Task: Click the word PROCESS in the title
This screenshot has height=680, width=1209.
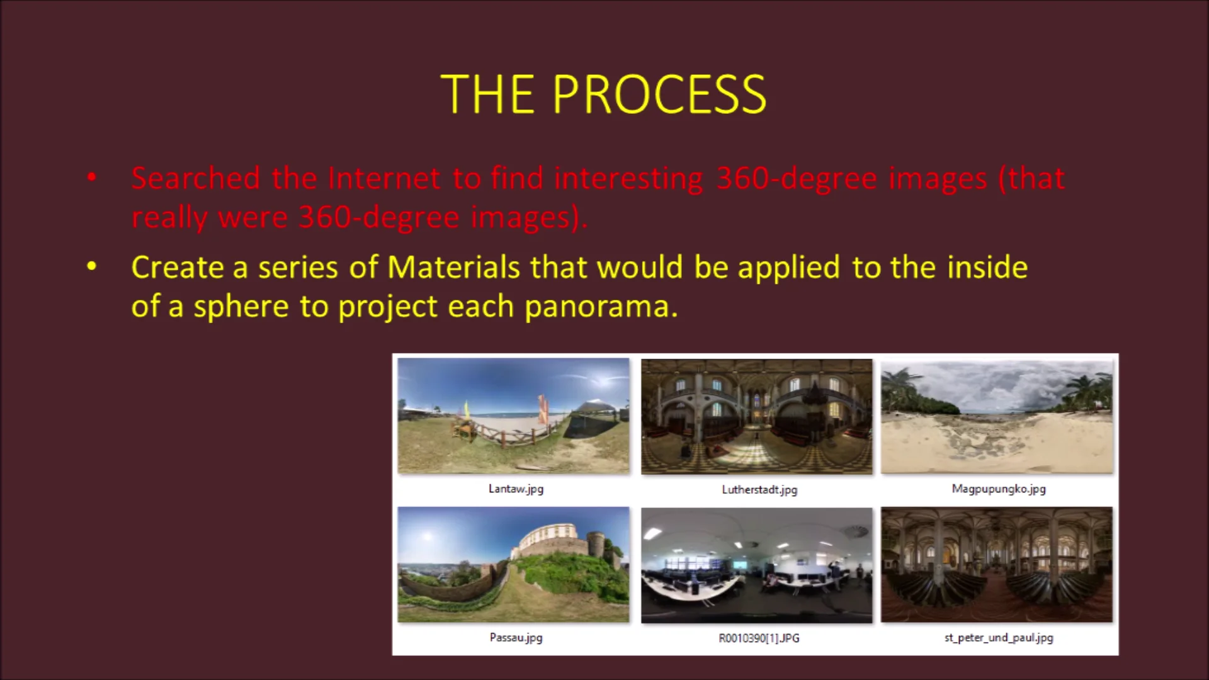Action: point(659,94)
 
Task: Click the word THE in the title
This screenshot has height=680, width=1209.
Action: point(488,94)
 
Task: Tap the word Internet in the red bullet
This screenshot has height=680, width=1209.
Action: point(384,178)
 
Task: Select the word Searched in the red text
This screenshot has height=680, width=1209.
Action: point(196,178)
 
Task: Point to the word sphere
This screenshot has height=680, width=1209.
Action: point(241,307)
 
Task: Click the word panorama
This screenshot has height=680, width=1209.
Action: point(601,307)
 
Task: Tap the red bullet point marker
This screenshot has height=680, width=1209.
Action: point(92,178)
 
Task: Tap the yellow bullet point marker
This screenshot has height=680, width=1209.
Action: point(92,266)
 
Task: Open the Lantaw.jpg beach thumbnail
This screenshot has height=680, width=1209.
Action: point(513,416)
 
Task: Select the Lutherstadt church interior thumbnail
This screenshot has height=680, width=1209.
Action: point(757,416)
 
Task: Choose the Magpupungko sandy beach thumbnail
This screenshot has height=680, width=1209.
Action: point(997,416)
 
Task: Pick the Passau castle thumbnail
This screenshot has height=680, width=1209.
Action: point(513,565)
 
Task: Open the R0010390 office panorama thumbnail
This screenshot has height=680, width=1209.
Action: point(757,565)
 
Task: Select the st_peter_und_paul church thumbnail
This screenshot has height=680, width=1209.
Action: point(997,565)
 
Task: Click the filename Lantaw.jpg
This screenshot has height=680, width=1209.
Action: point(516,489)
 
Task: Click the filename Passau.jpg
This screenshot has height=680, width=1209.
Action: point(516,638)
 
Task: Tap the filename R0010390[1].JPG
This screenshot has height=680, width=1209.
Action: point(759,638)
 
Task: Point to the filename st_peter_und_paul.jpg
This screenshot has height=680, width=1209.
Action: point(999,638)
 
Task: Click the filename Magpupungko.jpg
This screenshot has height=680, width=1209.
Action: point(999,489)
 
